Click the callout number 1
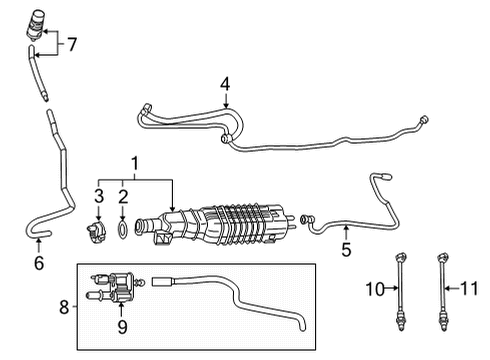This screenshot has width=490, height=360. click(134, 161)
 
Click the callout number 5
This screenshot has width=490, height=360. click(346, 250)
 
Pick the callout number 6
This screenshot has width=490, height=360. click(38, 263)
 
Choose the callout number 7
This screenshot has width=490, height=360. click(71, 44)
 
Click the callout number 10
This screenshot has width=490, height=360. click(373, 290)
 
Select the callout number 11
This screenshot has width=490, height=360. click(466, 290)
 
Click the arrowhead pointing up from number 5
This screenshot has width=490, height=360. click(346, 231)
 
